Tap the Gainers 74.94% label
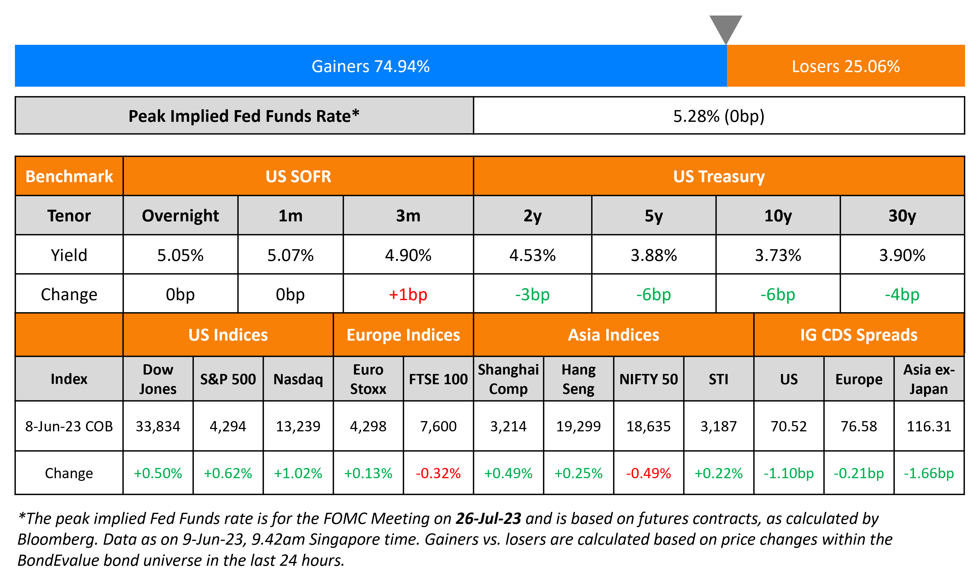[371, 66]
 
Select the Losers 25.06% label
[845, 66]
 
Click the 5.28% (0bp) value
[718, 116]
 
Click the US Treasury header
[718, 176]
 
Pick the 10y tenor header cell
[778, 216]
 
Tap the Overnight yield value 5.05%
[180, 255]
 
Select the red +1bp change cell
[408, 294]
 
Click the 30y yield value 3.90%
[902, 255]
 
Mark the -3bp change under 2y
[532, 294]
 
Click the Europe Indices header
[403, 335]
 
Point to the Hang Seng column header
[578, 379]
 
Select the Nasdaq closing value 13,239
[298, 426]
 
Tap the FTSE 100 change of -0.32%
[438, 473]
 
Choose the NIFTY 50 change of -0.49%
[648, 473]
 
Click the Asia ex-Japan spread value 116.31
[929, 426]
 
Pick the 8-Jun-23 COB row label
[69, 426]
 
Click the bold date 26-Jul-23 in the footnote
[488, 518]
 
